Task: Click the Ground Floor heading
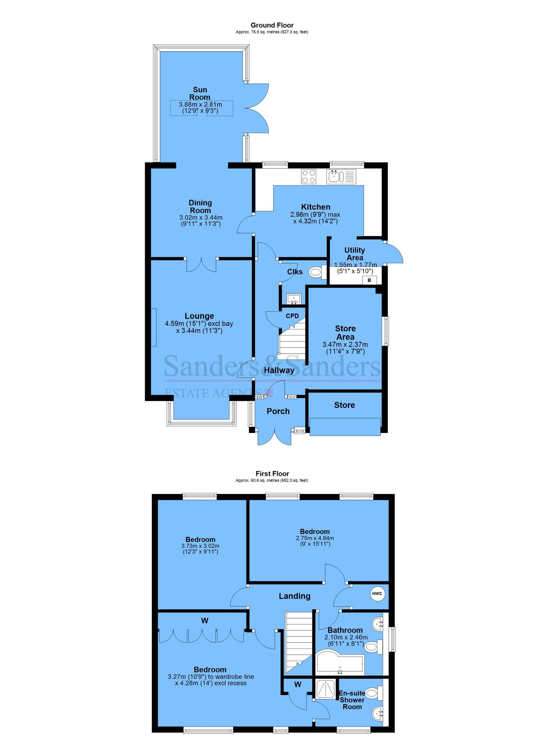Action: pyautogui.click(x=272, y=25)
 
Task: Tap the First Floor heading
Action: pyautogui.click(x=272, y=474)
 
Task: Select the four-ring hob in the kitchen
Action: pyautogui.click(x=308, y=177)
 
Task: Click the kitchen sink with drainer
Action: pyautogui.click(x=341, y=177)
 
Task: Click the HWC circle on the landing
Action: pyautogui.click(x=377, y=594)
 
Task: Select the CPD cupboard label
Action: pyautogui.click(x=292, y=316)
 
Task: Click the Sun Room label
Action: pyautogui.click(x=200, y=93)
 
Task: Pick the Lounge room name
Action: pyautogui.click(x=199, y=316)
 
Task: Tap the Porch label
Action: pyautogui.click(x=278, y=411)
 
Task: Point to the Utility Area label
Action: pyautogui.click(x=355, y=254)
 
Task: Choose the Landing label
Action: pyautogui.click(x=295, y=596)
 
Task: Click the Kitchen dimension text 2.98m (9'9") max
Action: pyautogui.click(x=315, y=214)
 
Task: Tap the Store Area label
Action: pyautogui.click(x=345, y=332)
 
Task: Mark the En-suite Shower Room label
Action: pyautogui.click(x=352, y=700)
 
